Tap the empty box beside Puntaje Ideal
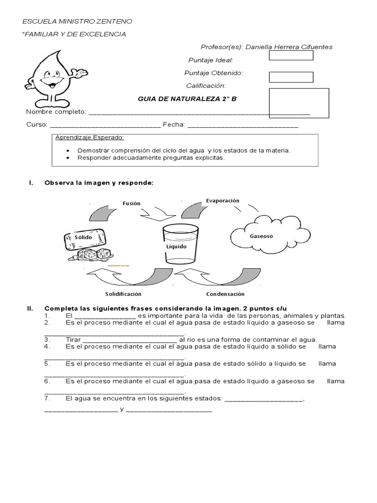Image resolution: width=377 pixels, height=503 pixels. pos(291,55)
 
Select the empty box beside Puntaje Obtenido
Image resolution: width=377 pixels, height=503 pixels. pos(291,77)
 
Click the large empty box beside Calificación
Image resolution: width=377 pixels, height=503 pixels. pos(299,103)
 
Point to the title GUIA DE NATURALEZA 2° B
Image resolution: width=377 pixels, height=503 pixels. pos(187,99)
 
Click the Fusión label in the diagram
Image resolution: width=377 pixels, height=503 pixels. pos(132,203)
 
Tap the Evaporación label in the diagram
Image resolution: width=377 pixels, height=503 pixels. pos(222,200)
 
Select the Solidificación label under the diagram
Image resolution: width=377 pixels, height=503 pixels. pos(123,294)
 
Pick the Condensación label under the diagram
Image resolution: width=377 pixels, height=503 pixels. pos(225,294)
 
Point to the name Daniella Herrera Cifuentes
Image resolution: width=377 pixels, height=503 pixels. pos(289,47)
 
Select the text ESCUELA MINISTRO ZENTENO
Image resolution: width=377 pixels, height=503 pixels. pos(78,22)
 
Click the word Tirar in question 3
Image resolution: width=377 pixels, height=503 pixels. pos(73,339)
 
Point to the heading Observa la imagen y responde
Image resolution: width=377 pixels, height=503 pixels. pos(99,183)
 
